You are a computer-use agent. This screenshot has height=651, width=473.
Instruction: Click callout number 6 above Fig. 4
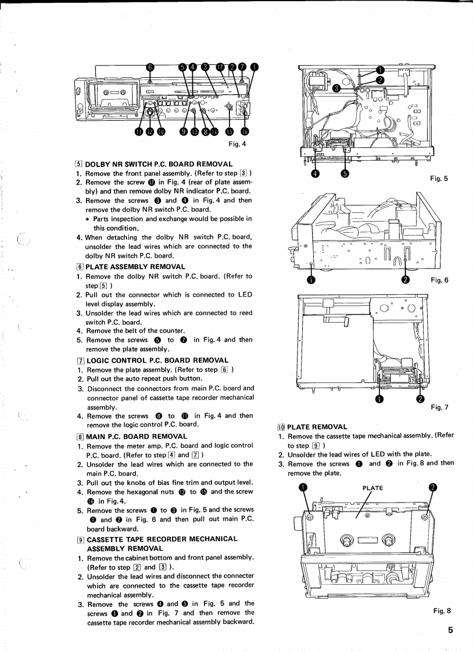149,67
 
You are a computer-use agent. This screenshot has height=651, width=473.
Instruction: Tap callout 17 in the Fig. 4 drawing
220,67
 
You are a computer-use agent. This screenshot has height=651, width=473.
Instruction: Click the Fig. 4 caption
239,144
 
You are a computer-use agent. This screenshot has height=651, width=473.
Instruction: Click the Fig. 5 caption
439,179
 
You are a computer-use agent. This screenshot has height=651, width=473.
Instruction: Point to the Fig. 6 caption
440,280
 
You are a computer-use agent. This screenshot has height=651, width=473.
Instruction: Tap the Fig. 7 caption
439,407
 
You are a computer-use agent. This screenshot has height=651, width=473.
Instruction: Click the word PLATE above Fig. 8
372,487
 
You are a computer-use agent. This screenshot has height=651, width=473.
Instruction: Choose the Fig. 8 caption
442,610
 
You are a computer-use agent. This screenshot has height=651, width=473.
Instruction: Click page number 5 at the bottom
450,631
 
